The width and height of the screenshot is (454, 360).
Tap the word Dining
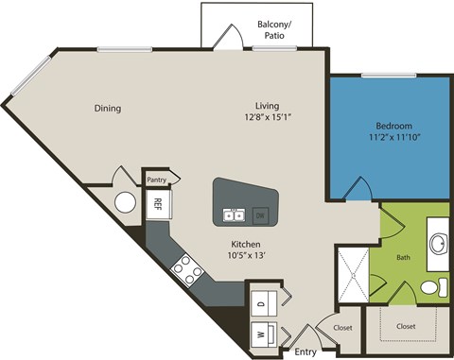click(107, 108)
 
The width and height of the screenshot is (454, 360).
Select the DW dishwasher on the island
click(260, 214)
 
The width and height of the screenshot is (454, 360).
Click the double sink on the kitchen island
click(233, 215)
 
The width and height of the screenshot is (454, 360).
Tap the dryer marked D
click(260, 303)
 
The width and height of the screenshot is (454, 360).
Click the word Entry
click(306, 351)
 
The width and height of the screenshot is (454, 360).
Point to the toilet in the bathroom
click(430, 286)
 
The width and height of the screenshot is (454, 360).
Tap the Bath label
click(403, 256)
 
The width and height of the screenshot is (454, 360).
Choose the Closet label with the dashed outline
click(406, 326)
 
